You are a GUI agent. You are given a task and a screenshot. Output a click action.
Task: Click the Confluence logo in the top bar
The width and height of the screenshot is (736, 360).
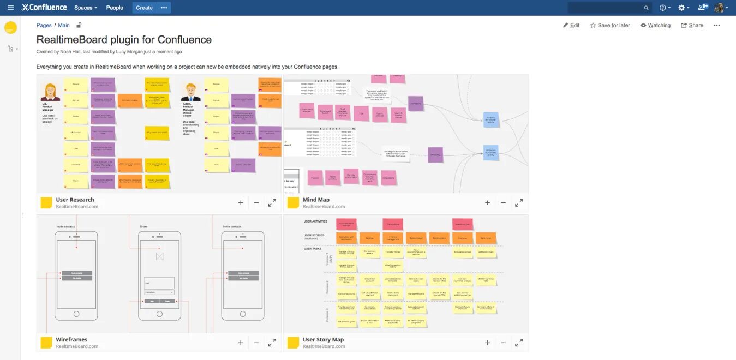tap(44, 8)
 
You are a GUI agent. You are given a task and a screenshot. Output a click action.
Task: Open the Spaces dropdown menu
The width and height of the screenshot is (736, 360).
tap(86, 8)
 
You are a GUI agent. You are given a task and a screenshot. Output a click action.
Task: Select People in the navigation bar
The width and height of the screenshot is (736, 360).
tap(115, 8)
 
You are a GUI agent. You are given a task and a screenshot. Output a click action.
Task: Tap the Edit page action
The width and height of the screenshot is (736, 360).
tap(571, 25)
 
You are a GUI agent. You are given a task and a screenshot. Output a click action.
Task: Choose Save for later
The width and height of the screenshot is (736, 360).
tap(610, 25)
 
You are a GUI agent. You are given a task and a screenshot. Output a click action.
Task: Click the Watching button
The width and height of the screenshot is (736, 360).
tap(655, 25)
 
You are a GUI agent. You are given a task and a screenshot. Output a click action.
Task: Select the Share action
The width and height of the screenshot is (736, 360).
tap(692, 25)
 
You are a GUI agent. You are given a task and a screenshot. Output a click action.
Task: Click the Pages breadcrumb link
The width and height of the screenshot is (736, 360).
tap(44, 25)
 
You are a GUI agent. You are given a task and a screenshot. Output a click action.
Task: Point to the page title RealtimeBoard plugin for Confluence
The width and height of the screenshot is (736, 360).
tap(124, 39)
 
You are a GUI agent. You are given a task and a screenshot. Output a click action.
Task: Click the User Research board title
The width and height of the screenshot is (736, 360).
tap(75, 200)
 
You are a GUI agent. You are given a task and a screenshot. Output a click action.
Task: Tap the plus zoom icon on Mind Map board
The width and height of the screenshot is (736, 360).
tap(487, 203)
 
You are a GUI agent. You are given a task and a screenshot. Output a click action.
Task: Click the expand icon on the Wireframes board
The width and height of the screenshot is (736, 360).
tap(272, 343)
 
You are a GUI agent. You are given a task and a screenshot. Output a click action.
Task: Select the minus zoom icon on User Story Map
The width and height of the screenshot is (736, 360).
tap(503, 343)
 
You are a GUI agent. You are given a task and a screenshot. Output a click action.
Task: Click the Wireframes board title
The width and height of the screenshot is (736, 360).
tap(71, 339)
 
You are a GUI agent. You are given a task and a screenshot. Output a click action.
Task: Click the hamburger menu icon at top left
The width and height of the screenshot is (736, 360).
tap(10, 8)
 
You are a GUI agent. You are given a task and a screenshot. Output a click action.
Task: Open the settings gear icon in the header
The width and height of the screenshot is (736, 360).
tap(681, 8)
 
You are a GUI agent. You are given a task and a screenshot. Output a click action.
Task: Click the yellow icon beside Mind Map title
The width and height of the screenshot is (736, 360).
tap(293, 203)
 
